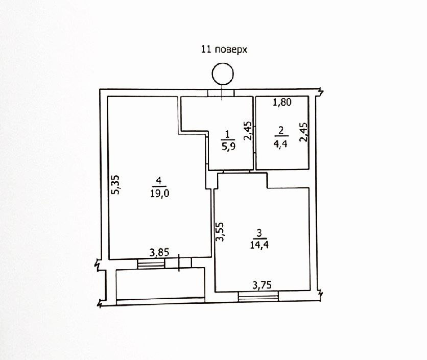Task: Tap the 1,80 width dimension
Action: click(282, 103)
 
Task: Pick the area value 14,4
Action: click(259, 244)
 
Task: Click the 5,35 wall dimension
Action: click(116, 184)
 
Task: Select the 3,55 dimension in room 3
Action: click(220, 232)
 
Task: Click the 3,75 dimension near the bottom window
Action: click(263, 285)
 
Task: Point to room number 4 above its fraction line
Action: click(160, 180)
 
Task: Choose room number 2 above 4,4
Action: click(281, 130)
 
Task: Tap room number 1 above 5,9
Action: click(227, 135)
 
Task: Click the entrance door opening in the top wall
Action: click(221, 93)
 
